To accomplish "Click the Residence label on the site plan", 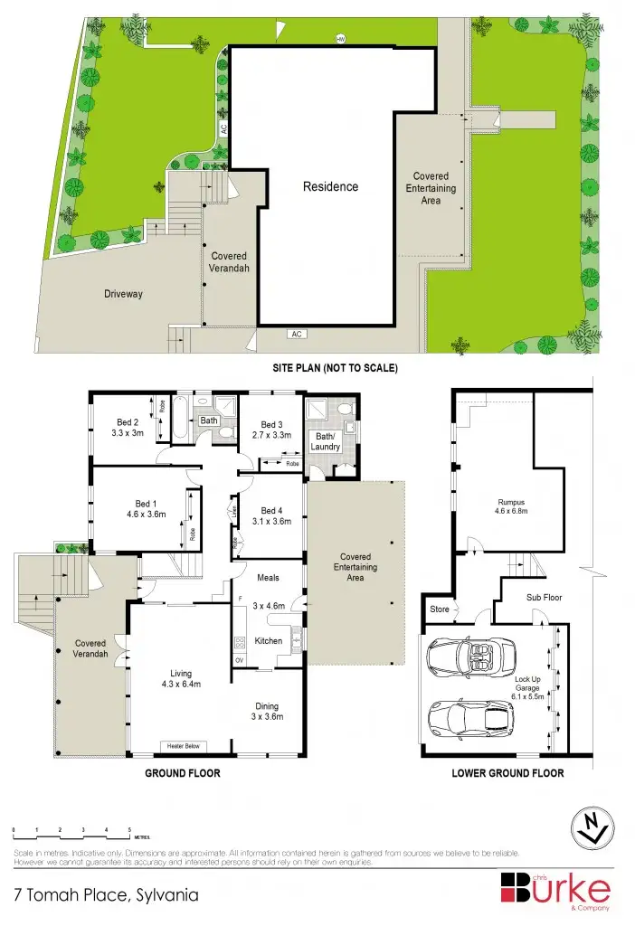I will (330, 187).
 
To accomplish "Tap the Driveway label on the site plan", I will (122, 294).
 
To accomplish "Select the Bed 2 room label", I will (127, 421).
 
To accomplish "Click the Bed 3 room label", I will (272, 425).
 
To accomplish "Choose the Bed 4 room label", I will (272, 510).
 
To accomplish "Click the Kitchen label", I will (268, 641).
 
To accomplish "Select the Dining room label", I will (266, 706).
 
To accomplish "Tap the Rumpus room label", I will (511, 503).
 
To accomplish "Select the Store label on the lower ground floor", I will (440, 609).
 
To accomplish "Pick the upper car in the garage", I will (469, 654).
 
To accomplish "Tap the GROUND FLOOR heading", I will (183, 774).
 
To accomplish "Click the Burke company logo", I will (555, 888).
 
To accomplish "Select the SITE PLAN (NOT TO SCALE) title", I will (336, 369).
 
